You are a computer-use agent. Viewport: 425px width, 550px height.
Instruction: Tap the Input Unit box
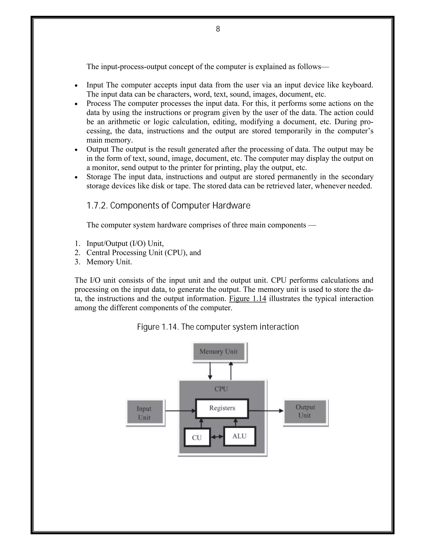pyautogui.click(x=144, y=413)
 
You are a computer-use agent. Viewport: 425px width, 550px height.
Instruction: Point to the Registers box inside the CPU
pyautogui.click(x=222, y=408)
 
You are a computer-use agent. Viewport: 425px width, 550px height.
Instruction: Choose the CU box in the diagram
pyautogui.click(x=197, y=438)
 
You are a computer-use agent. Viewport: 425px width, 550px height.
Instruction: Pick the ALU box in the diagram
pyautogui.click(x=239, y=436)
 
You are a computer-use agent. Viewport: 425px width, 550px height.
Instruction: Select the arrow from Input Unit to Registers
pyautogui.click(x=180, y=411)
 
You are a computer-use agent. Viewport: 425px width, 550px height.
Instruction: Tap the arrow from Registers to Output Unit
pyautogui.click(x=266, y=411)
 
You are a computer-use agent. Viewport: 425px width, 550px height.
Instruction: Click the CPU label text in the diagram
pyautogui.click(x=221, y=389)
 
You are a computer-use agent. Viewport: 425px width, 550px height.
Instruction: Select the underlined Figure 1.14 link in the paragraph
pyautogui.click(x=248, y=299)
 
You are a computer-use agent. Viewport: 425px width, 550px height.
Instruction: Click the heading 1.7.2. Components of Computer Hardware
pyautogui.click(x=169, y=206)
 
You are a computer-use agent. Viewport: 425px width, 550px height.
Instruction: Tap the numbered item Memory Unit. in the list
pyautogui.click(x=109, y=262)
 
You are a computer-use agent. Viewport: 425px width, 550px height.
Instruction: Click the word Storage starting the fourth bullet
pyautogui.click(x=98, y=177)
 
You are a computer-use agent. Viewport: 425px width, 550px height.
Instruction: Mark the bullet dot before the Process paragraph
pyautogui.click(x=76, y=104)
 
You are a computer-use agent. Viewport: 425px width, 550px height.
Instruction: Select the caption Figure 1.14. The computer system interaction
pyautogui.click(x=218, y=327)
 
